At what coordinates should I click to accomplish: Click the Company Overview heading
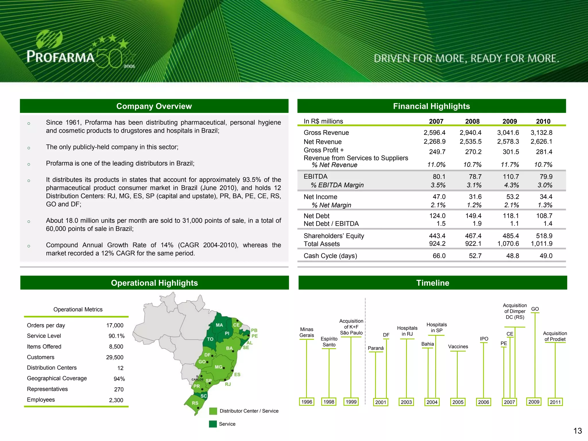pyautogui.click(x=154, y=106)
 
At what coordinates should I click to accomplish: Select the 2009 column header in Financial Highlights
pyautogui.click(x=509, y=121)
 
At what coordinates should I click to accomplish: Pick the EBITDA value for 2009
pyautogui.click(x=511, y=177)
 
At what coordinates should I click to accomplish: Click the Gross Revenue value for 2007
pyautogui.click(x=434, y=133)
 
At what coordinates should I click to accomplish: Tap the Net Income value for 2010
pyautogui.click(x=546, y=197)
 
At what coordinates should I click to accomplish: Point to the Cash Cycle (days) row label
pyautogui.click(x=330, y=256)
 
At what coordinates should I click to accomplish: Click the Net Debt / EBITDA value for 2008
pyautogui.click(x=477, y=224)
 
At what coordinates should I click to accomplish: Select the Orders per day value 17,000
pyautogui.click(x=115, y=325)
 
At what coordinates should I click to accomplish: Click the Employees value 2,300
pyautogui.click(x=116, y=400)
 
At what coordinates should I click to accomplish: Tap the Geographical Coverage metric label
pyautogui.click(x=57, y=378)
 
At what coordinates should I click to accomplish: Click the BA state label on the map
pyautogui.click(x=229, y=348)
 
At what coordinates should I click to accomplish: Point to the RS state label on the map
pyautogui.click(x=195, y=403)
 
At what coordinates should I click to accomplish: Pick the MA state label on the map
pyautogui.click(x=219, y=325)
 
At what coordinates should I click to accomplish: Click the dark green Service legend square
pyautogui.click(x=213, y=424)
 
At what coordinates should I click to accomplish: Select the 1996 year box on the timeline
pyautogui.click(x=307, y=402)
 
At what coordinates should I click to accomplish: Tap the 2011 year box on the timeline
pyautogui.click(x=555, y=402)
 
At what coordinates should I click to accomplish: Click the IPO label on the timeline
pyautogui.click(x=484, y=339)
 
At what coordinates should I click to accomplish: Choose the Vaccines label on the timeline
pyautogui.click(x=458, y=347)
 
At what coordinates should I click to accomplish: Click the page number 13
pyautogui.click(x=577, y=431)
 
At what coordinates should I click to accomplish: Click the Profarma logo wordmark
pyautogui.click(x=61, y=56)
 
